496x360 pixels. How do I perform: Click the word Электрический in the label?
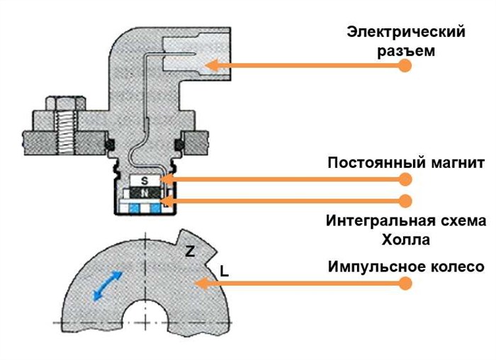[406, 32]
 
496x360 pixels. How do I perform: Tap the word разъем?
[406, 51]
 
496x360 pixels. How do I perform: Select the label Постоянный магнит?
[406, 163]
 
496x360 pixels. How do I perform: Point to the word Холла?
[405, 239]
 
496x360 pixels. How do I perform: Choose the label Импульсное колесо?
[406, 267]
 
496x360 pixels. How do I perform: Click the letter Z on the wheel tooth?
[190, 251]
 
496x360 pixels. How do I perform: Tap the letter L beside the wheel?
[224, 270]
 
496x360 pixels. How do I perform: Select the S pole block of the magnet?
[145, 180]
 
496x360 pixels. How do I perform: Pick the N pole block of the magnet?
[145, 192]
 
